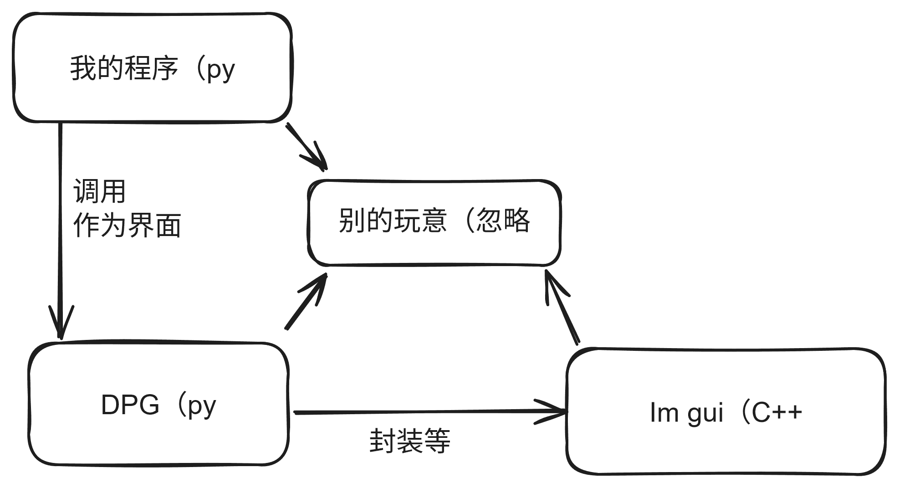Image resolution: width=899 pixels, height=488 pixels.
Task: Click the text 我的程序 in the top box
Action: point(123,69)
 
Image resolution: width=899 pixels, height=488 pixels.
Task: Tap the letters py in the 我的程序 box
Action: point(221,70)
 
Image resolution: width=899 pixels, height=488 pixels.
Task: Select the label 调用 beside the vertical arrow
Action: point(99,191)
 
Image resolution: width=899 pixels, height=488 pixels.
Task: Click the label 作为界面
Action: point(127,225)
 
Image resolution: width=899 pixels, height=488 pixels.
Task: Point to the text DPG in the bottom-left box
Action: point(130,405)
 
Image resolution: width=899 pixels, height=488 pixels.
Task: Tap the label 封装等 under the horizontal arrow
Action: point(409,441)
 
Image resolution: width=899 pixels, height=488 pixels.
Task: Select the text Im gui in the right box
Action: point(686,413)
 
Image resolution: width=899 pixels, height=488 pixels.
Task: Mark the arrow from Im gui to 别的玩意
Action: point(563,308)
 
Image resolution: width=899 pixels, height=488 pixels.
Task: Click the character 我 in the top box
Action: point(82,69)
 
